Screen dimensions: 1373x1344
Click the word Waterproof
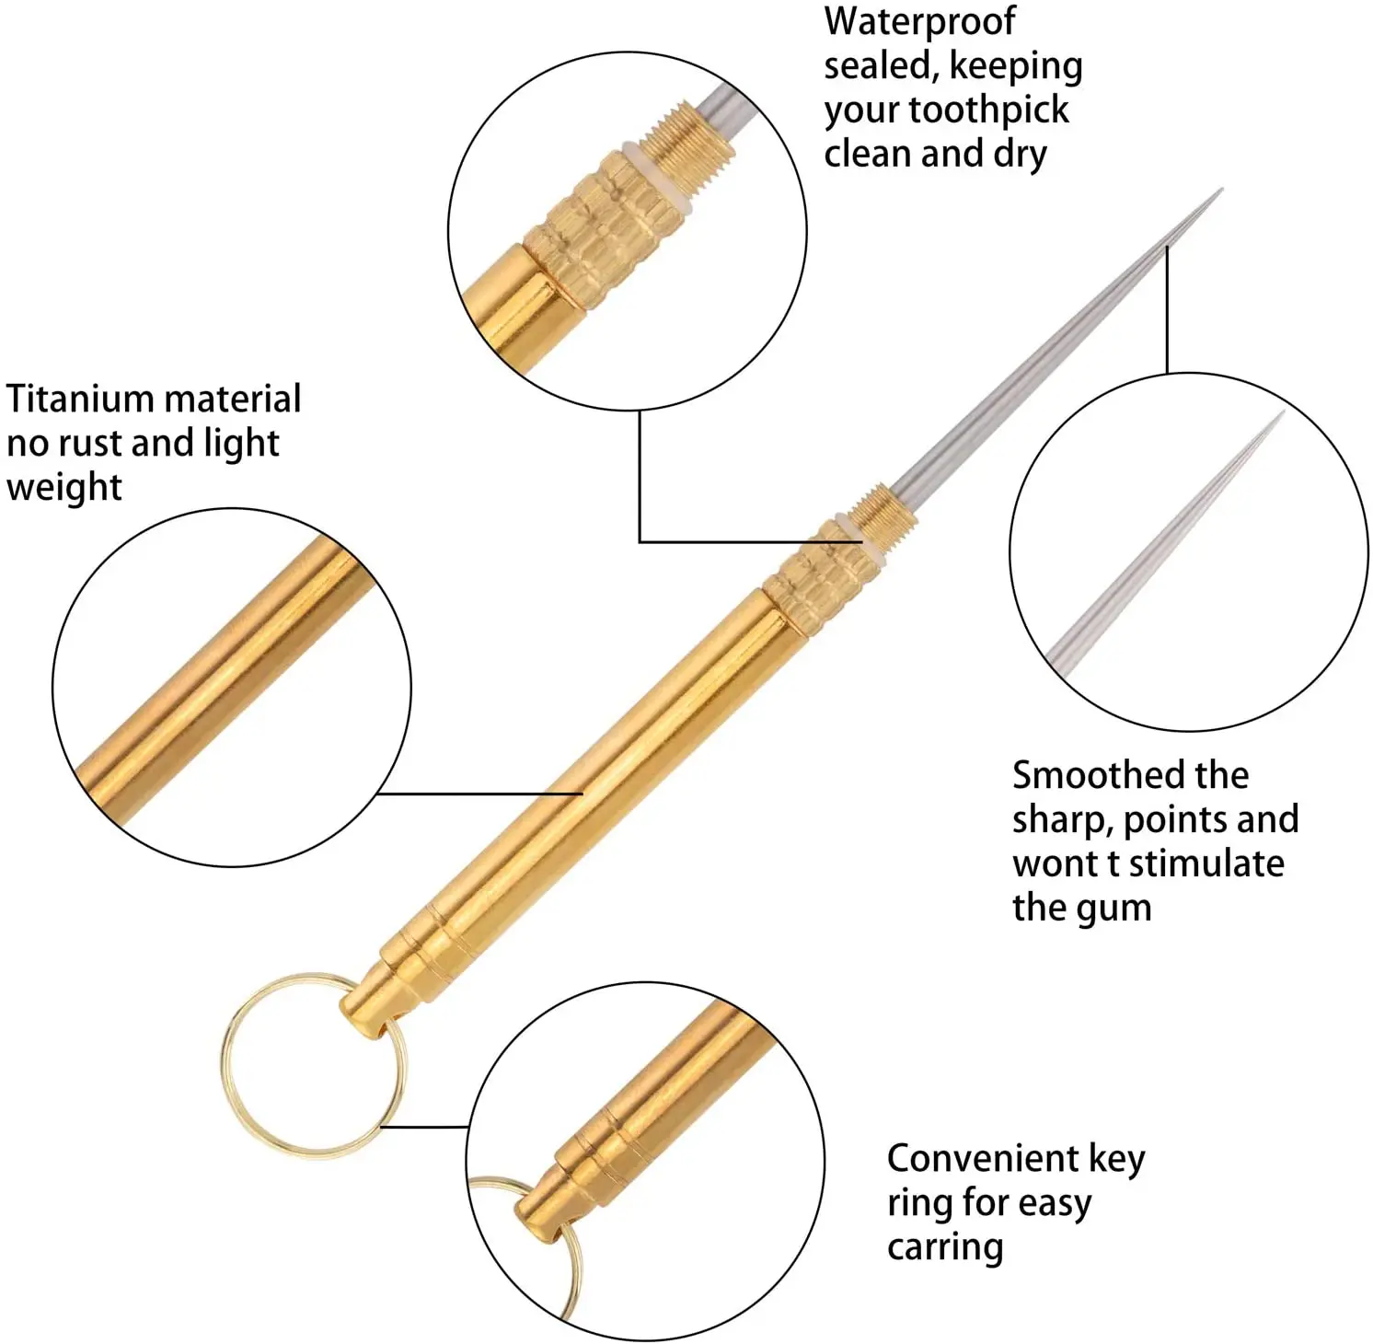(x=919, y=22)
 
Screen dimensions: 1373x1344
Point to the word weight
(x=63, y=488)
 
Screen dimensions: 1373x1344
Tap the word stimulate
(x=1206, y=863)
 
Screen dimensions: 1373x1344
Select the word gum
(x=1113, y=909)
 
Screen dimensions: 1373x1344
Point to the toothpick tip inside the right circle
(x=1275, y=423)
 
